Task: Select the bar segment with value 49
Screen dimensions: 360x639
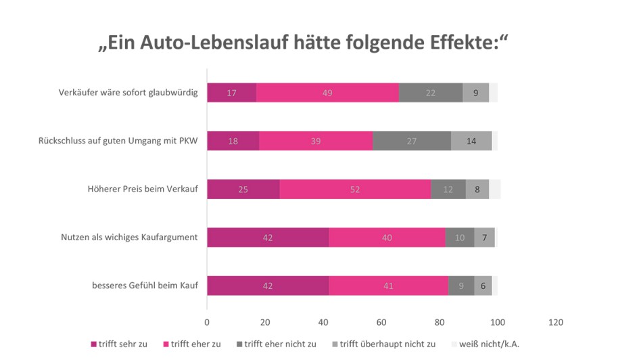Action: point(327,93)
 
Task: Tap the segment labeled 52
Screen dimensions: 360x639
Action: point(355,189)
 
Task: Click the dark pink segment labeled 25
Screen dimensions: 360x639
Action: point(243,189)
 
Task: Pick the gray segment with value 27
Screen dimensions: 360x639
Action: point(412,141)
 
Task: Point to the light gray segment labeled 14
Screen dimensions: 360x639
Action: point(471,141)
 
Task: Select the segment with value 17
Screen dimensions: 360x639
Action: point(231,93)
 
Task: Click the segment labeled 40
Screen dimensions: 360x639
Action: point(387,238)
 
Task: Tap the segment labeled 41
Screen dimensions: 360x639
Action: point(388,286)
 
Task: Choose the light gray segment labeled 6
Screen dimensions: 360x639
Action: point(483,286)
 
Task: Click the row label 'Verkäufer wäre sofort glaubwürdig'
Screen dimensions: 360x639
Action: point(128,93)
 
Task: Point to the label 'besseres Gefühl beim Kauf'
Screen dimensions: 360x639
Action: point(145,286)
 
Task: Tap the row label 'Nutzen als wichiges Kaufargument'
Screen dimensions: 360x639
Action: point(129,238)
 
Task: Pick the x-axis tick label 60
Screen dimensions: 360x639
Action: point(381,322)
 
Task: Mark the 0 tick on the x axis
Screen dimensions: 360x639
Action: point(207,322)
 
